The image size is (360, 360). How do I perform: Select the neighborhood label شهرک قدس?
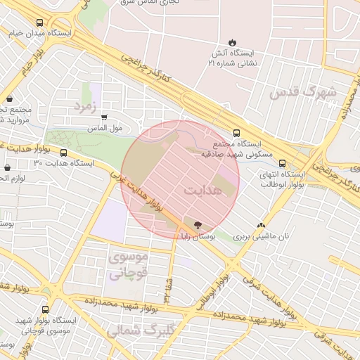(x=303, y=92)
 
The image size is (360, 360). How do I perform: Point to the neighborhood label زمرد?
(x=83, y=105)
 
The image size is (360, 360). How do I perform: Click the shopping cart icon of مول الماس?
(x=104, y=117)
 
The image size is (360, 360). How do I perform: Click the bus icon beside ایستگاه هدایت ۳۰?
(x=64, y=153)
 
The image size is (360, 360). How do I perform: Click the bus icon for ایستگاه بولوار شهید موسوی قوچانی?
(x=46, y=309)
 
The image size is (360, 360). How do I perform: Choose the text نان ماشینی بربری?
(x=262, y=238)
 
